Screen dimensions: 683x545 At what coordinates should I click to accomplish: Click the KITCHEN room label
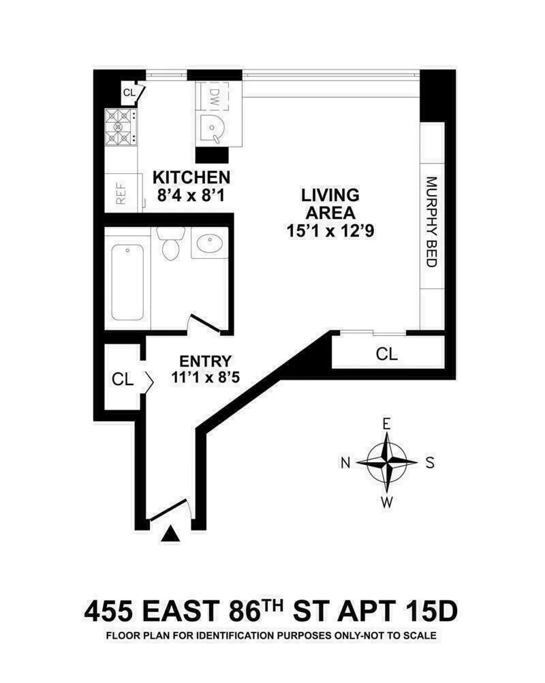point(191,178)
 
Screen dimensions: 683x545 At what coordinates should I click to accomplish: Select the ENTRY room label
point(205,361)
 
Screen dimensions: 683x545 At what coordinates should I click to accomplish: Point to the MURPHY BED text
point(431,222)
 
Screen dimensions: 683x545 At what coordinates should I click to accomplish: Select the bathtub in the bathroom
point(127,282)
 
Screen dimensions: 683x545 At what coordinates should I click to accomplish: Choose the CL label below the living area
point(387,354)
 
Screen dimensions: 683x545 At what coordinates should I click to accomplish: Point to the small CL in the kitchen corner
point(129,91)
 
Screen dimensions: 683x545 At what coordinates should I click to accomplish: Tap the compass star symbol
point(387,462)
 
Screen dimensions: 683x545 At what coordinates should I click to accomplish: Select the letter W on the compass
point(387,503)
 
